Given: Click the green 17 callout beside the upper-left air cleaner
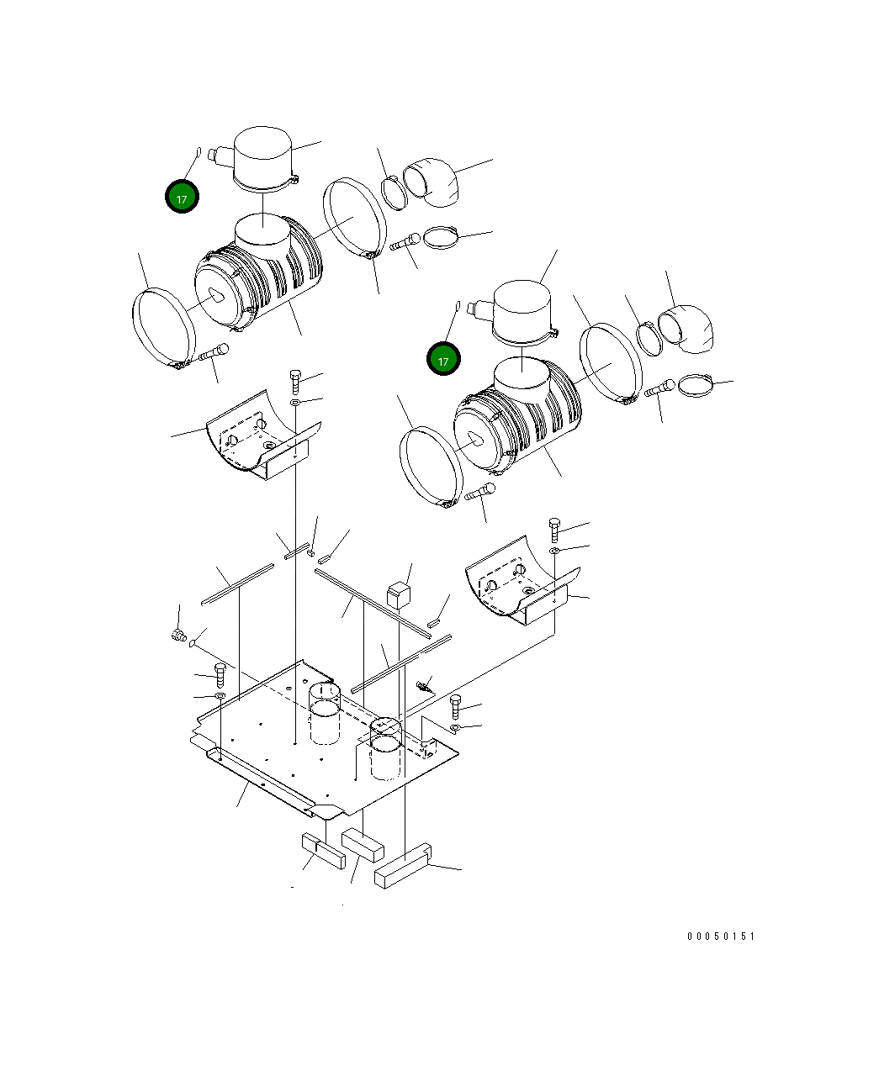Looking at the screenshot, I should pos(182,197).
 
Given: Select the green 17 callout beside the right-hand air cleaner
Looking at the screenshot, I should pos(443,360).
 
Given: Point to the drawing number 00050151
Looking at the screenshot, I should pos(721,936).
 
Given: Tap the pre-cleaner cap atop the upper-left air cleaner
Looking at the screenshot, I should pos(263,157).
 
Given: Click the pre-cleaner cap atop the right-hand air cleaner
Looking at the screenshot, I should pos(522,312).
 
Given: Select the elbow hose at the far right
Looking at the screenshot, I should pos(690,330).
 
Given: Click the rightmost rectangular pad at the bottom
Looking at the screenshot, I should pos(403,867).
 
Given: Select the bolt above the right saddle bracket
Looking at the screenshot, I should pos(554,530).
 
